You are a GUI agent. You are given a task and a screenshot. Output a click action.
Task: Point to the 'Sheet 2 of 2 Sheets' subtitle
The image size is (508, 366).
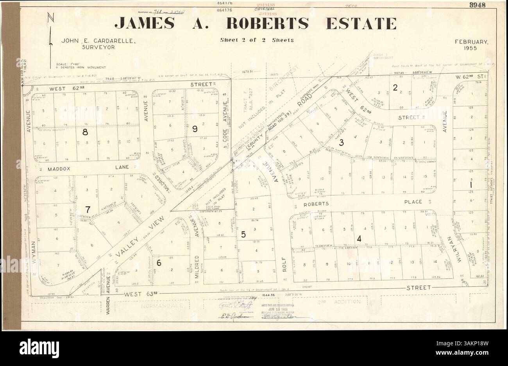coord(257,40)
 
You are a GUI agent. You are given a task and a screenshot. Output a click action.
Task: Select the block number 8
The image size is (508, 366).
coord(85,132)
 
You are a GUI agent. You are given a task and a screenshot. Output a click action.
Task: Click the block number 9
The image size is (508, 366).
coord(194,129)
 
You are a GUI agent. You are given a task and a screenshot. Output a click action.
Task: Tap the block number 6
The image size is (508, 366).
coord(159,263)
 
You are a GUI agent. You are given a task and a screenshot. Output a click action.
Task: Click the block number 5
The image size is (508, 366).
coord(243,235)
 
